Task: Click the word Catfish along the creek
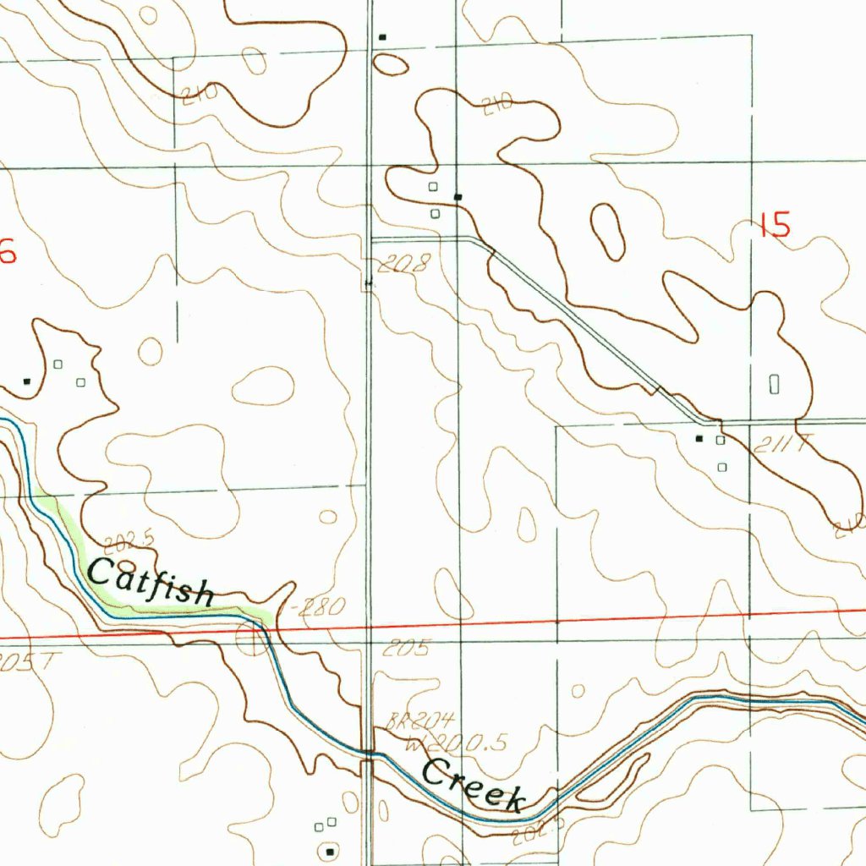pos(151,583)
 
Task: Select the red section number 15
pos(775,226)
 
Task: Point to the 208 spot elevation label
pos(404,265)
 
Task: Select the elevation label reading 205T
pos(25,660)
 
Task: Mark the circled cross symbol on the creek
pos(250,640)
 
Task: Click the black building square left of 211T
pos(699,439)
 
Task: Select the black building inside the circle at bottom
pos(331,847)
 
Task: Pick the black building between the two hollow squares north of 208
pos(458,197)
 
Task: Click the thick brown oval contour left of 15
pos(607,231)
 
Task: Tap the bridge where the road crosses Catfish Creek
pos(367,751)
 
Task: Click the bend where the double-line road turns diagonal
pos(484,243)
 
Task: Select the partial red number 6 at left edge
pos(8,252)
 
